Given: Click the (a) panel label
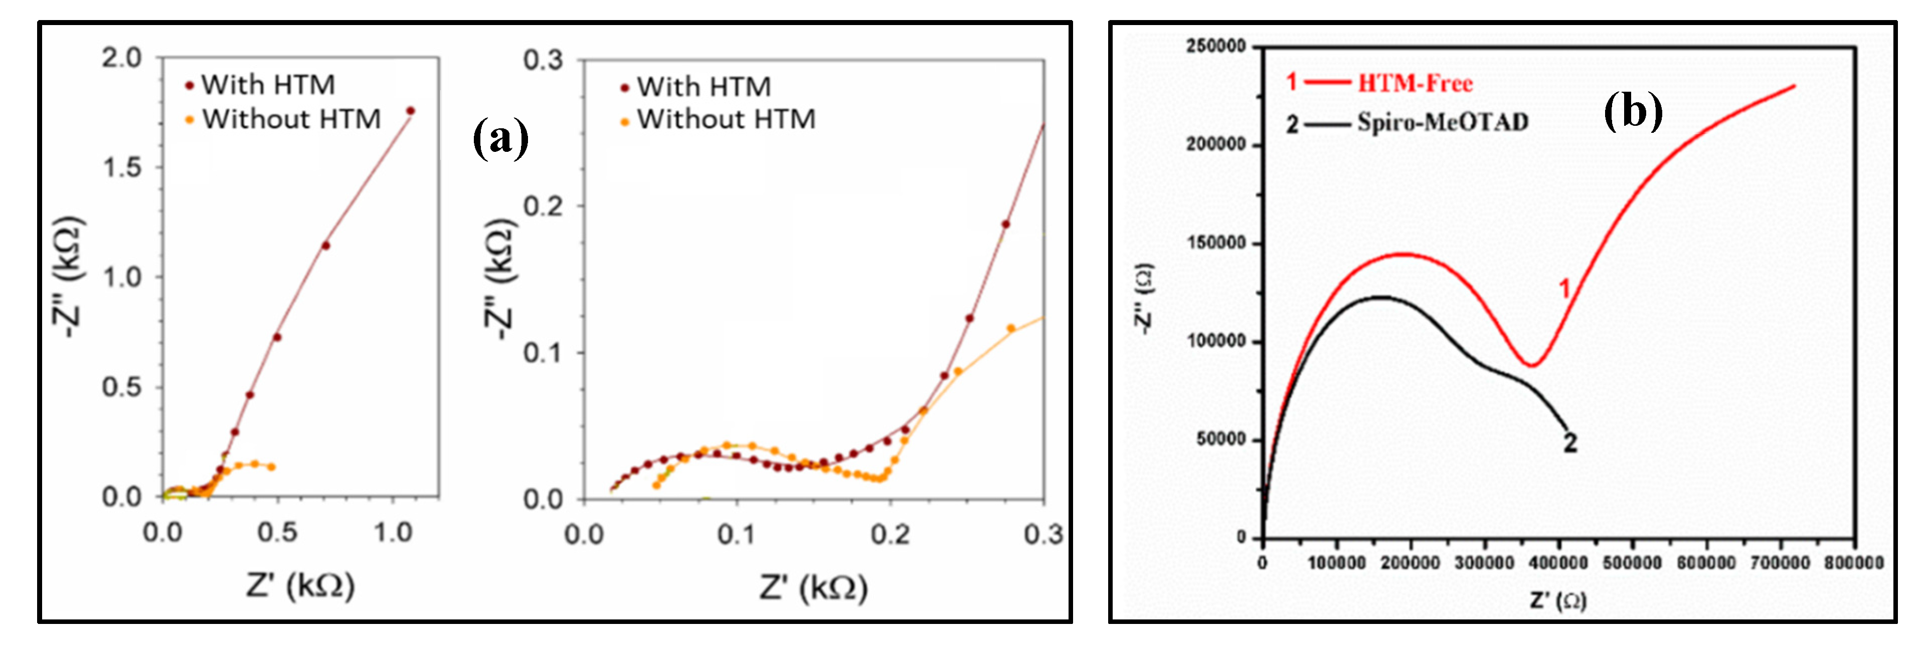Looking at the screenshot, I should [x=500, y=138].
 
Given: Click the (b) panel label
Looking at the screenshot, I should [x=1632, y=112].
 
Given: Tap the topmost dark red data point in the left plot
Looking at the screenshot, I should [x=410, y=111].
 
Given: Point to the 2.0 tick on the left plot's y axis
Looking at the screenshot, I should [x=121, y=58].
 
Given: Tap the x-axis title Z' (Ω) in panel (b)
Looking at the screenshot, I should [x=1557, y=600].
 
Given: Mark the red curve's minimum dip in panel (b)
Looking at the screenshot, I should [x=1532, y=365].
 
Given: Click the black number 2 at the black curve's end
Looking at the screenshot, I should [x=1570, y=443].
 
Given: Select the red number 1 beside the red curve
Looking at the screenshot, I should [x=1564, y=289].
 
